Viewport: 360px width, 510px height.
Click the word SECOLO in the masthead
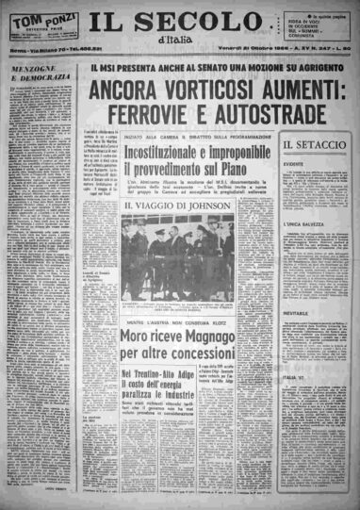click(x=207, y=21)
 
